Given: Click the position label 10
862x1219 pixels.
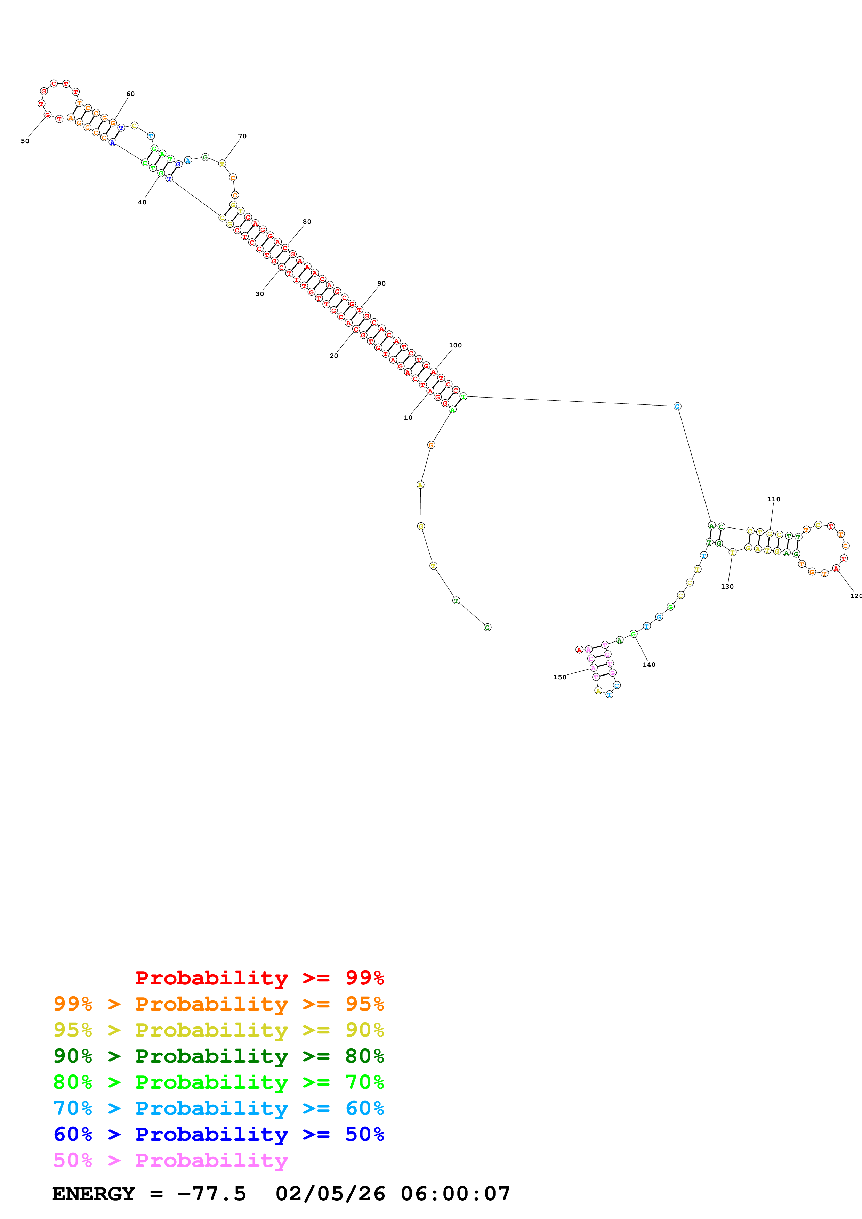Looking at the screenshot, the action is point(408,418).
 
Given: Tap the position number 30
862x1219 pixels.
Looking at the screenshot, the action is point(260,294).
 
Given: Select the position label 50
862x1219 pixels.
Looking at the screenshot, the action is point(25,141).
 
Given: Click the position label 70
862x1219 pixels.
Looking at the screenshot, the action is point(242,137).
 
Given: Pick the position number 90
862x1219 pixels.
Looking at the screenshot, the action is point(381,284).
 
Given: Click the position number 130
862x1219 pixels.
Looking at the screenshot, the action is point(727,587).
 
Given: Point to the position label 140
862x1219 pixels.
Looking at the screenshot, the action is point(649,665).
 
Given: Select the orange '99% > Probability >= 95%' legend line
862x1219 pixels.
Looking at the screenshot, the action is point(218,1004).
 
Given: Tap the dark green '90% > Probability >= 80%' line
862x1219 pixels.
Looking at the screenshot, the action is point(218,1056).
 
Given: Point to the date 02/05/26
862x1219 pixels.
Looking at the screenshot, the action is point(330,1194).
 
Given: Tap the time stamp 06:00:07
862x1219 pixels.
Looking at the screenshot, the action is point(455,1194).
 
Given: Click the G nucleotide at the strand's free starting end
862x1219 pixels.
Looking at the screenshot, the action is point(488,628).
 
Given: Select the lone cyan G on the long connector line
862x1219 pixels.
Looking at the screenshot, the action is point(677,406).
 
